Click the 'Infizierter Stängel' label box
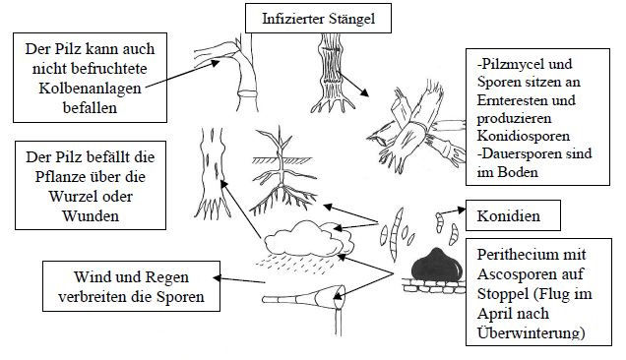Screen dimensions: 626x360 [318, 19]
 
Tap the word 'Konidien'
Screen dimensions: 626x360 [508, 216]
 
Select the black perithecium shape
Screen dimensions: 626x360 [437, 265]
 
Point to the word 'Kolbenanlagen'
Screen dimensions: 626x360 [90, 89]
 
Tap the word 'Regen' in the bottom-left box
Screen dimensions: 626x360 [166, 277]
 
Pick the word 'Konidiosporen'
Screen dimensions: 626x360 [523, 136]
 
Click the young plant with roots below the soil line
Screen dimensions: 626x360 [282, 171]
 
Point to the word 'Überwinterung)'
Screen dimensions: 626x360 [531, 332]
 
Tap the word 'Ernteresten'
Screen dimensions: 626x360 [513, 100]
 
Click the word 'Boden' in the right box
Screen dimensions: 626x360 [518, 172]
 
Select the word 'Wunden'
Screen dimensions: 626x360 [91, 216]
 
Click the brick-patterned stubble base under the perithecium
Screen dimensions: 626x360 [434, 286]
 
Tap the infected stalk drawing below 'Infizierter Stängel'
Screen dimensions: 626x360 [332, 74]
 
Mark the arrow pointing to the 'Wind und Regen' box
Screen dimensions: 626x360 [239, 279]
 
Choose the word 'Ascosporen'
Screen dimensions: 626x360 [530, 274]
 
